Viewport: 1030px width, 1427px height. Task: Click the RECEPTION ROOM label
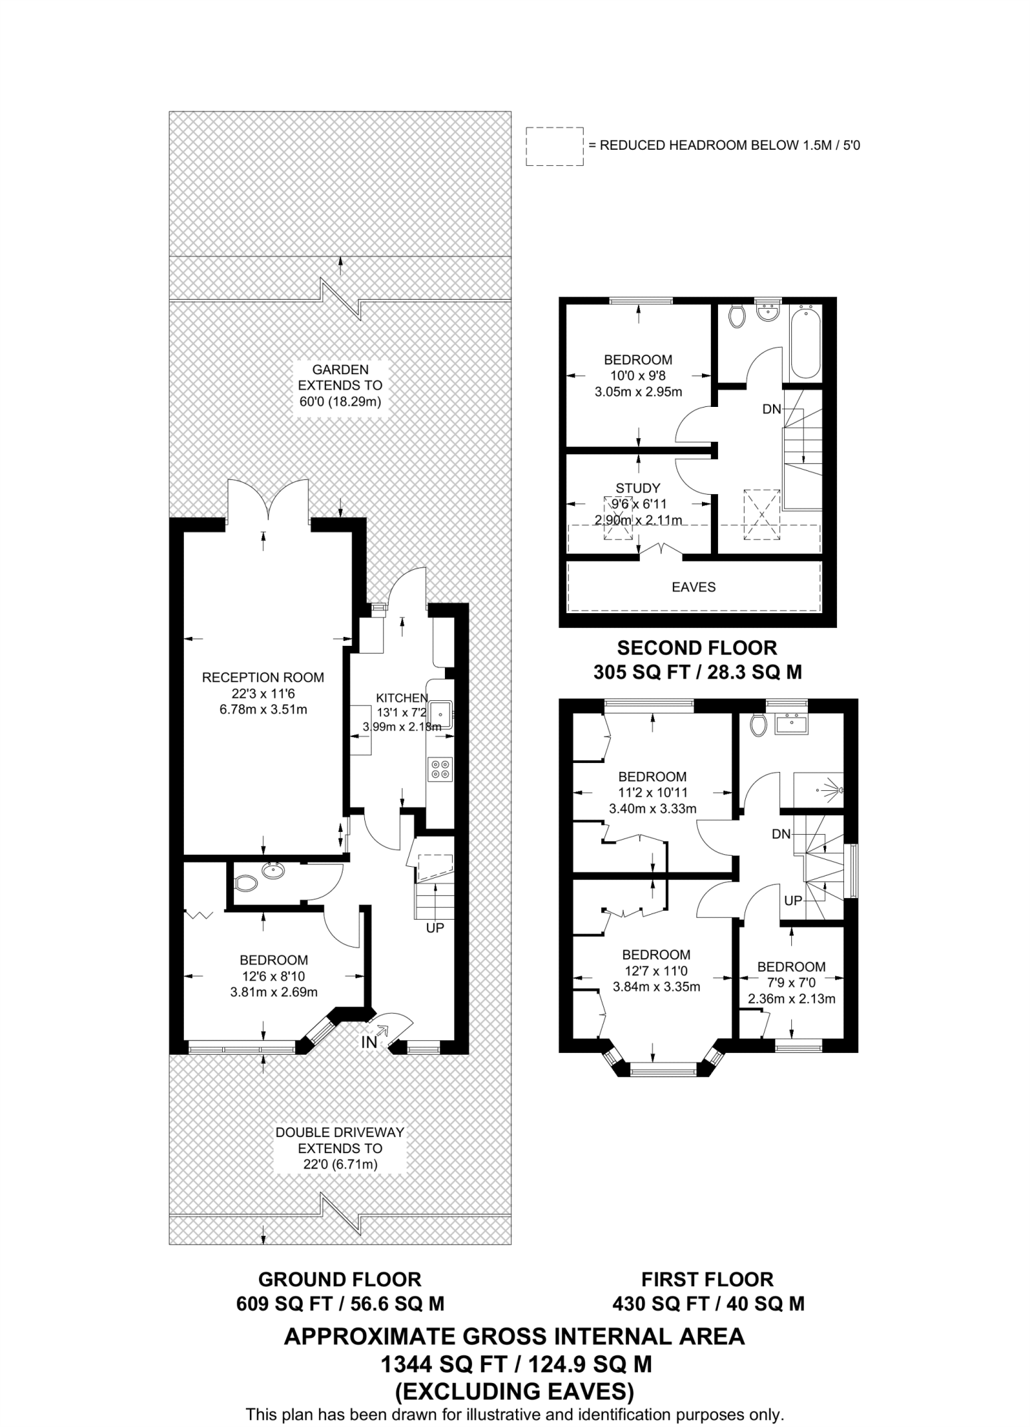[263, 677]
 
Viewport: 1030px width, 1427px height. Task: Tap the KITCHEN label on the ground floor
[402, 697]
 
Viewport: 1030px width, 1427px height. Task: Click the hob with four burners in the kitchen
[440, 769]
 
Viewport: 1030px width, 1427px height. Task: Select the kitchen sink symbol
[441, 714]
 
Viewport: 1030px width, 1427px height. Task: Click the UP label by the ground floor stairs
[435, 927]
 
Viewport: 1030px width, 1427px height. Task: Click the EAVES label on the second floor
[693, 587]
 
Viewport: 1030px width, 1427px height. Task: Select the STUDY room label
[637, 488]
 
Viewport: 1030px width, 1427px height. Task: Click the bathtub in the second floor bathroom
[805, 341]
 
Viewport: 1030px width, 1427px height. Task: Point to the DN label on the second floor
[772, 409]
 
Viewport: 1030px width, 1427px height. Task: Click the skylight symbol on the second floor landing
[761, 514]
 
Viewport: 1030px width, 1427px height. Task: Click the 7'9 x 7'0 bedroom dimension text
[791, 982]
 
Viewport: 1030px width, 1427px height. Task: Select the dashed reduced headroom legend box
[554, 146]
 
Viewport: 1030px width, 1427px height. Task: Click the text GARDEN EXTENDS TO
[340, 377]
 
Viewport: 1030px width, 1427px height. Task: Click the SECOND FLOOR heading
[697, 647]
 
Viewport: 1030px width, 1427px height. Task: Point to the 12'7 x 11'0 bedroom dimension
[656, 971]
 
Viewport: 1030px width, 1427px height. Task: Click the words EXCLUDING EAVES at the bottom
[515, 1391]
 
